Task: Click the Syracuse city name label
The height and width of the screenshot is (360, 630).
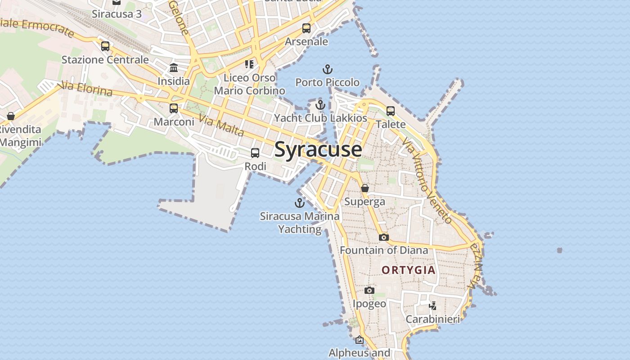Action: (318, 149)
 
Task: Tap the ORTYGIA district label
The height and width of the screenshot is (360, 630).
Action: (408, 270)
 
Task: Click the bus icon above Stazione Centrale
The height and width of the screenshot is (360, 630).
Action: (105, 46)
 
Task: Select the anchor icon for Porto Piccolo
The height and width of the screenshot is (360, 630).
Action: (328, 69)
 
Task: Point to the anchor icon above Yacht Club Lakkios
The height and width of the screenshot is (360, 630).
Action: (320, 105)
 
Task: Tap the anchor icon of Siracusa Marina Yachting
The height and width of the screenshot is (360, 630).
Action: (300, 203)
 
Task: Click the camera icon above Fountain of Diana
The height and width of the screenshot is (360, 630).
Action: (383, 237)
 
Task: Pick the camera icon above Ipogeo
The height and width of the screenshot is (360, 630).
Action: (369, 291)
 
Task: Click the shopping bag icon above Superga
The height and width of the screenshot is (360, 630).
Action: (365, 188)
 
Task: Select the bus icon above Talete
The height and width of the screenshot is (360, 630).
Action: (391, 111)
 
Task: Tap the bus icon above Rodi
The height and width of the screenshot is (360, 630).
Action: (255, 153)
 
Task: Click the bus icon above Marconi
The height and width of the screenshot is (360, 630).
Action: (174, 108)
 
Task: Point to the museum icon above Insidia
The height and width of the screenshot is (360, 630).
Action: (174, 68)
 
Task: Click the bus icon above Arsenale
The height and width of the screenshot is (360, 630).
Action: (306, 28)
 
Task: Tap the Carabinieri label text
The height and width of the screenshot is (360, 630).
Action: (433, 319)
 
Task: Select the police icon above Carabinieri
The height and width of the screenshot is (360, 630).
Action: (433, 306)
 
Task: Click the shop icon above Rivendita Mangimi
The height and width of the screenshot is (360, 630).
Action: (11, 116)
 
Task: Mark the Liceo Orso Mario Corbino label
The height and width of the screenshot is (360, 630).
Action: (249, 84)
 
